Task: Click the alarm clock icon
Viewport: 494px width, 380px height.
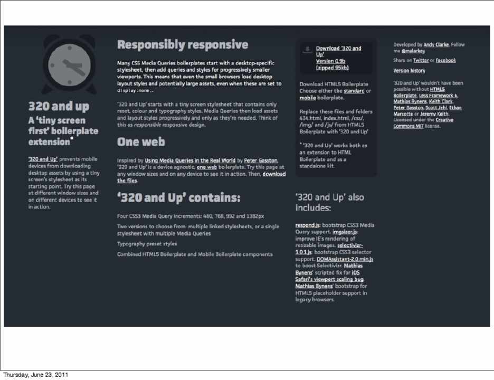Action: [66, 65]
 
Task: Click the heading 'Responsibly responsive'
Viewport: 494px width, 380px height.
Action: [182, 44]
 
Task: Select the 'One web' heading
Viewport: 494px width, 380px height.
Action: [141, 142]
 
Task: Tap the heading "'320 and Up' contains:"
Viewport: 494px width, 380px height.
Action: [178, 198]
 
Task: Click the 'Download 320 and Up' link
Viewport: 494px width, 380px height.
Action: [338, 51]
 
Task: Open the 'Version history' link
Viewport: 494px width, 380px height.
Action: [409, 71]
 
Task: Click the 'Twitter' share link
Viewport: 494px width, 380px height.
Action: [421, 61]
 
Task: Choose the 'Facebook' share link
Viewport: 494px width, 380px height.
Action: [446, 61]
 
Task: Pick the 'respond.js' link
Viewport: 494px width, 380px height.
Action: [308, 225]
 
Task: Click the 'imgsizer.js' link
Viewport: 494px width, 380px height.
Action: [346, 232]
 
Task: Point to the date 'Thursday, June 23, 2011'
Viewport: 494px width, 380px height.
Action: [35, 375]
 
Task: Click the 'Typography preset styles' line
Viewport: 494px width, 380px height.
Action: [147, 244]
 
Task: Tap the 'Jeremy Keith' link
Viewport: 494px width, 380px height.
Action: [435, 113]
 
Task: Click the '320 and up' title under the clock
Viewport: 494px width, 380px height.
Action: [59, 106]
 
